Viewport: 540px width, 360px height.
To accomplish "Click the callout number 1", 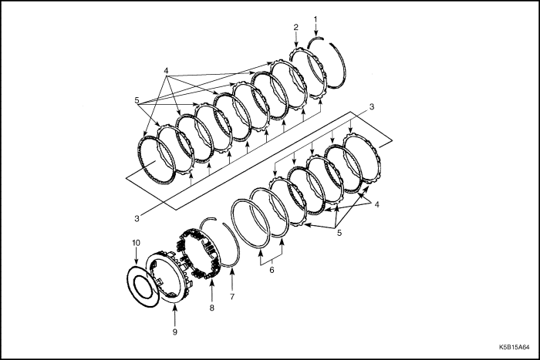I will tap(315, 18).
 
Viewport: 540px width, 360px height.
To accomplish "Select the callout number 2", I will tap(295, 27).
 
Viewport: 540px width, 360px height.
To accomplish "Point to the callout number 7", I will tap(230, 296).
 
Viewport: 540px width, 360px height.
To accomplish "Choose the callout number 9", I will tap(174, 331).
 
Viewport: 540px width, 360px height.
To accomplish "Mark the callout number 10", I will tap(136, 243).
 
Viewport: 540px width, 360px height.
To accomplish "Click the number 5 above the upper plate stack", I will tap(137, 99).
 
